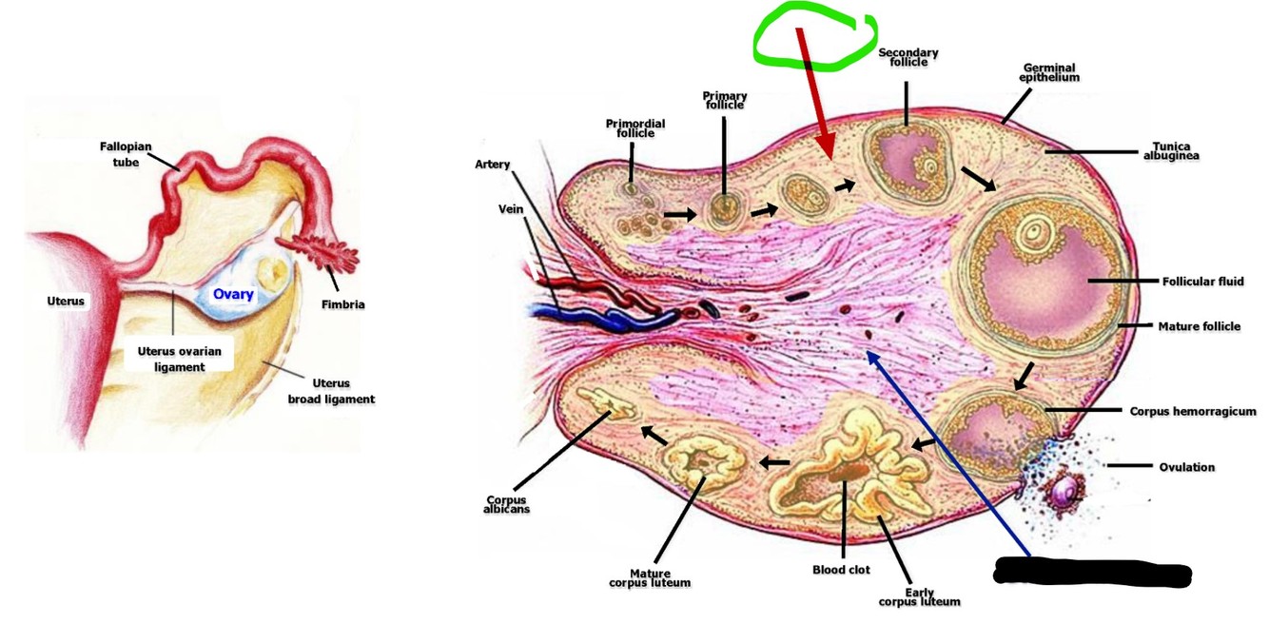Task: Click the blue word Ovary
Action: (233, 294)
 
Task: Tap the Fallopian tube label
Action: (120, 154)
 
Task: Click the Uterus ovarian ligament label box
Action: (179, 359)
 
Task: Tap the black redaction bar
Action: (1092, 573)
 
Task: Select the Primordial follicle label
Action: (635, 128)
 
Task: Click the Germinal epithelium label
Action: (1049, 72)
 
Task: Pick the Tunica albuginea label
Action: (1170, 151)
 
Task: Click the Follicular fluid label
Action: (1202, 282)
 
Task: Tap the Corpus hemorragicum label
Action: (1193, 412)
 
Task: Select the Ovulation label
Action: (1186, 467)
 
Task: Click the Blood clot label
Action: (842, 570)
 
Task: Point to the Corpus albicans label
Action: (506, 504)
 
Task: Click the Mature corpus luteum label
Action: (650, 578)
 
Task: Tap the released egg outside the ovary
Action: (1064, 492)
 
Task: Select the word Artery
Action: (493, 165)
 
